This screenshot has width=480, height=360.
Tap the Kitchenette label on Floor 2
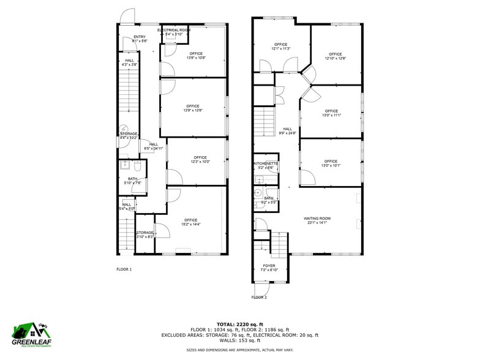[266, 163]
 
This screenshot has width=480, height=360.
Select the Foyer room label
[269, 265]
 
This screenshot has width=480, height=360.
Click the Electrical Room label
[174, 30]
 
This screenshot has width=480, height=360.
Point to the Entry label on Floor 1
[140, 37]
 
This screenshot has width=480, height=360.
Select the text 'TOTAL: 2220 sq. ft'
[239, 324]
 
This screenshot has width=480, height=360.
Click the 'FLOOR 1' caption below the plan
[124, 269]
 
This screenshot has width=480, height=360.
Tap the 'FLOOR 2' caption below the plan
[259, 297]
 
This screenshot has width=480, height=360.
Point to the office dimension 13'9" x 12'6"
[193, 110]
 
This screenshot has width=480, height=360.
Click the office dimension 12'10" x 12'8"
[336, 58]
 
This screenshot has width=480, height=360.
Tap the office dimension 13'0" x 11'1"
[331, 114]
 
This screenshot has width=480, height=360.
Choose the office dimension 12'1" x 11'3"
[281, 49]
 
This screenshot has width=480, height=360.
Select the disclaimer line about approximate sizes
[239, 350]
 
